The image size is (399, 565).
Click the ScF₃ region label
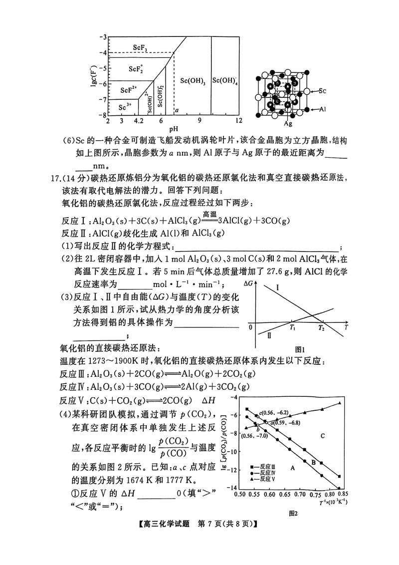coord(140,47)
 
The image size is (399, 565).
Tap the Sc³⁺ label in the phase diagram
coord(125,107)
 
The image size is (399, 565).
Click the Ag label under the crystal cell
coord(288,123)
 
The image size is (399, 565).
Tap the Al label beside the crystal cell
coord(323,108)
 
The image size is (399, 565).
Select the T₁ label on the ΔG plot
coord(292,328)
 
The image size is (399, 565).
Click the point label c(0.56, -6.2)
coord(274,413)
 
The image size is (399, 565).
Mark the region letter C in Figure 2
coord(323,436)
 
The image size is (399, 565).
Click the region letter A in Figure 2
coord(293,468)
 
